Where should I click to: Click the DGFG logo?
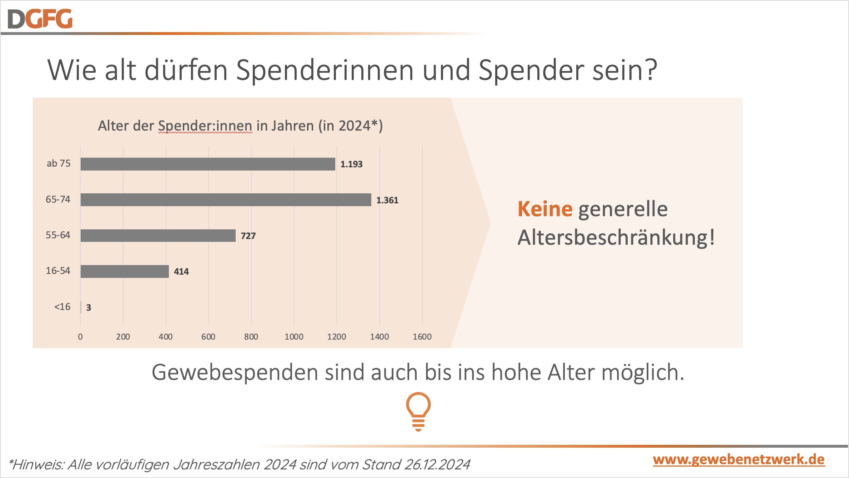pos(40,19)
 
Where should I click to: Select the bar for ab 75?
pos(208,164)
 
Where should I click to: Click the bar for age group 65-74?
pos(226,200)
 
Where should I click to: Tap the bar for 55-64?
pos(158,235)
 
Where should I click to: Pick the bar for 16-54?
pos(125,271)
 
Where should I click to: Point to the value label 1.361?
pos(387,200)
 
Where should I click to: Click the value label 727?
pos(248,236)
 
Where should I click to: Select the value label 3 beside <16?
pos(89,307)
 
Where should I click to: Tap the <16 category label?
pos(62,307)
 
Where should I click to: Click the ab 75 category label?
pos(59,163)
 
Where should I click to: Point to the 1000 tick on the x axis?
pos(294,336)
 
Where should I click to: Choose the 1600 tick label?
pos(422,336)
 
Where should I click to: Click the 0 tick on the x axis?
pos(80,336)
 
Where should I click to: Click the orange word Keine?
pos(545,209)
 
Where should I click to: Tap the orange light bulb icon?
pos(418,411)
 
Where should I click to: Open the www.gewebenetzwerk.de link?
pos(739,459)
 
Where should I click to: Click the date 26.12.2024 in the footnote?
pos(437,464)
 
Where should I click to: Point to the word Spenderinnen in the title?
pos(325,70)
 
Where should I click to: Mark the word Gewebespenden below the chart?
pos(235,372)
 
